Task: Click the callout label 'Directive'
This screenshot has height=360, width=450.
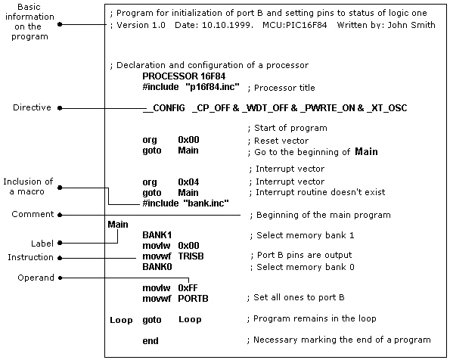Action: [x=32, y=108]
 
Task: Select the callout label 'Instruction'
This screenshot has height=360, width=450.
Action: [x=31, y=257]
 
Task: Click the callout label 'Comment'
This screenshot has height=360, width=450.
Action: [x=33, y=215]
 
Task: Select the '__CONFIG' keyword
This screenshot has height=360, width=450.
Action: [x=164, y=108]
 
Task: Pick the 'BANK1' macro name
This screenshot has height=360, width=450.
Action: [x=157, y=235]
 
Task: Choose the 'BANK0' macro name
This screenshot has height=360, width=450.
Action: [x=157, y=267]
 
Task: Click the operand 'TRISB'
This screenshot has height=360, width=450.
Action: [x=191, y=256]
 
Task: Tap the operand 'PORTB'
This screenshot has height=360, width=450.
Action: [x=193, y=299]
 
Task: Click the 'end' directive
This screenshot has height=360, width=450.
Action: [x=151, y=341]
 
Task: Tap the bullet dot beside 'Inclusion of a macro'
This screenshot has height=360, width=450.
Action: [x=61, y=187]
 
